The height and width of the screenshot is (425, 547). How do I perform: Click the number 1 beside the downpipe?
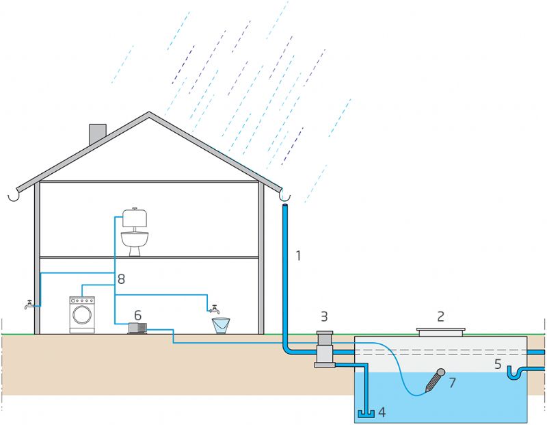tap(298, 256)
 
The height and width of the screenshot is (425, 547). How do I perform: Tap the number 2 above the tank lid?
tap(441, 316)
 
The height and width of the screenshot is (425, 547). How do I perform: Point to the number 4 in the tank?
tap(382, 412)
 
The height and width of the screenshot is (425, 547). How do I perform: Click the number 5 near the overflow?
tap(498, 364)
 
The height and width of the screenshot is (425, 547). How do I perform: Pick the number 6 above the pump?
tap(137, 315)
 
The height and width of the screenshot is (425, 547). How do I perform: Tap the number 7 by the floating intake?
tap(451, 382)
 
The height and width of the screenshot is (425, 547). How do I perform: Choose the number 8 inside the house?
tap(121, 279)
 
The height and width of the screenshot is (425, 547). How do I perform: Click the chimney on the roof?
tap(98, 135)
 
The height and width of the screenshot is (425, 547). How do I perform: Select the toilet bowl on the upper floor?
tap(135, 241)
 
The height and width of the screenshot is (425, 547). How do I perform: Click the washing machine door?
tap(83, 315)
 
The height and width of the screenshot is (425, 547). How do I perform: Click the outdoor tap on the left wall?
tap(29, 305)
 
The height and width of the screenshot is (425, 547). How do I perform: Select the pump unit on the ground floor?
tap(137, 329)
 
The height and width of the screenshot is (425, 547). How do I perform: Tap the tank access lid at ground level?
tap(441, 332)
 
